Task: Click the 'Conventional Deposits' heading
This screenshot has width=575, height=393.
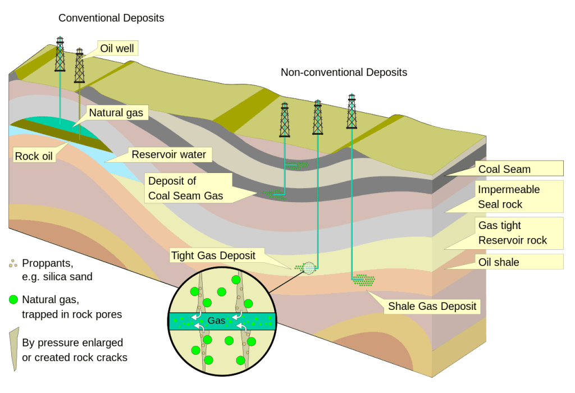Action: pyautogui.click(x=111, y=18)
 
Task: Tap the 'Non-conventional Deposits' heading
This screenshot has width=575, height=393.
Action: pyautogui.click(x=344, y=72)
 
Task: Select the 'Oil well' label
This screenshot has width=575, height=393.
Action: pyautogui.click(x=117, y=48)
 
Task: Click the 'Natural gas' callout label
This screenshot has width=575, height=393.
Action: pyautogui.click(x=116, y=112)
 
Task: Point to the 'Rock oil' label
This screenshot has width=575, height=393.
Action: pyautogui.click(x=34, y=156)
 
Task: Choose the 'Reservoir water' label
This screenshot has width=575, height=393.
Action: pyautogui.click(x=168, y=154)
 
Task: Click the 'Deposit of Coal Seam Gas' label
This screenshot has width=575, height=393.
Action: pyautogui.click(x=185, y=188)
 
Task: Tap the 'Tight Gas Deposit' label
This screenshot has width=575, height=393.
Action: pyautogui.click(x=213, y=255)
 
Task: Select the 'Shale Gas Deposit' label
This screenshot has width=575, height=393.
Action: pyautogui.click(x=432, y=306)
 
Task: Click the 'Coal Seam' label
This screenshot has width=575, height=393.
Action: pyautogui.click(x=504, y=169)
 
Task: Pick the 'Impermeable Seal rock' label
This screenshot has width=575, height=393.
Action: pyautogui.click(x=509, y=196)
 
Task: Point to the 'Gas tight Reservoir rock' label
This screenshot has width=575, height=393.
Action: pyautogui.click(x=512, y=233)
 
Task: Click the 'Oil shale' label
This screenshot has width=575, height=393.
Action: pyautogui.click(x=499, y=262)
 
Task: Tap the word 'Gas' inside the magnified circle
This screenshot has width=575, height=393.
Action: pyautogui.click(x=216, y=321)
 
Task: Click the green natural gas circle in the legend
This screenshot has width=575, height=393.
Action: pyautogui.click(x=13, y=299)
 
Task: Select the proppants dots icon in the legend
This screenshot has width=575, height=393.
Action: pyautogui.click(x=13, y=263)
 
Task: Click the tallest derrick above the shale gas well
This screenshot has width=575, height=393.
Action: pyautogui.click(x=352, y=111)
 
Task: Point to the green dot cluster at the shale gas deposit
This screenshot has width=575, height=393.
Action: pyautogui.click(x=364, y=280)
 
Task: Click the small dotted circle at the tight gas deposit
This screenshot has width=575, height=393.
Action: pyautogui.click(x=309, y=268)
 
